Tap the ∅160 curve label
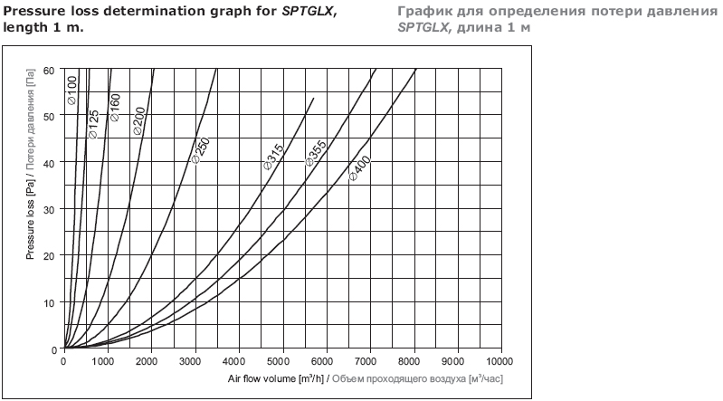click(x=115, y=108)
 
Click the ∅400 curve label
click(x=358, y=168)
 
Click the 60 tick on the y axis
click(x=49, y=70)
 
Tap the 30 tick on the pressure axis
click(x=49, y=209)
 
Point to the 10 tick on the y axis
click(x=49, y=302)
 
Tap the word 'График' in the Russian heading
click(x=422, y=11)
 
